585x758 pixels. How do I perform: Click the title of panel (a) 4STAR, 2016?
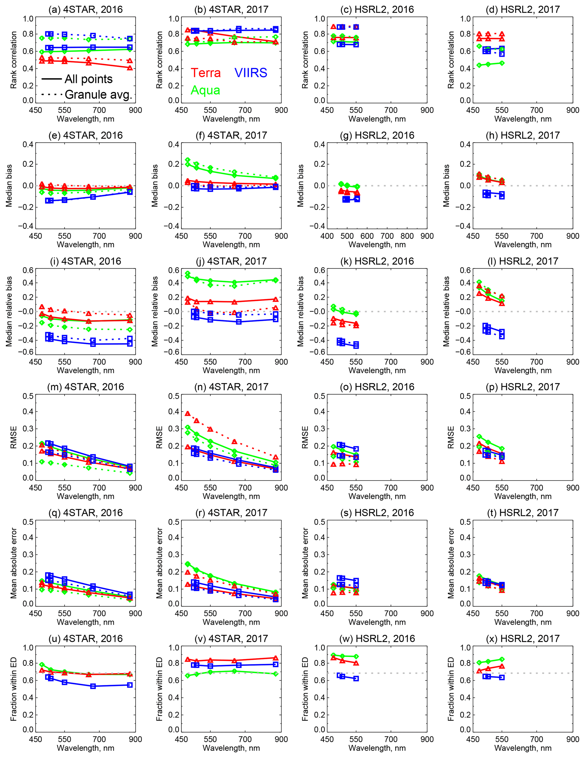[x=85, y=9]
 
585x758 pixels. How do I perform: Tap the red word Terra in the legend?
[x=206, y=73]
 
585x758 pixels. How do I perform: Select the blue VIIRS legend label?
[x=251, y=73]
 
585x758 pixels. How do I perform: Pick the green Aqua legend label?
[x=205, y=90]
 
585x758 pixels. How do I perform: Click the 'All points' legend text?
[x=89, y=79]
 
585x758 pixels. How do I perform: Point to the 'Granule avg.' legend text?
[x=98, y=95]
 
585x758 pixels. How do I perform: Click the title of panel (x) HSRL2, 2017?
[x=523, y=639]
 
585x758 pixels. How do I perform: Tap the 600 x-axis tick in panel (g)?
[x=367, y=236]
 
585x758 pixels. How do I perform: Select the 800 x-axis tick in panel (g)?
[x=407, y=236]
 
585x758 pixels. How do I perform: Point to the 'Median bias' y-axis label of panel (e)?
[x=9, y=186]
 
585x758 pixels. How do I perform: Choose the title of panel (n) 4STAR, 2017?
[x=231, y=387]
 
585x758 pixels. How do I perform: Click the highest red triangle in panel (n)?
[x=188, y=413]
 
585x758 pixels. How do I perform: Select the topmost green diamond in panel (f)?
[x=188, y=160]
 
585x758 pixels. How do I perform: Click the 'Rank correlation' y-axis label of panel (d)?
[x=451, y=60]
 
